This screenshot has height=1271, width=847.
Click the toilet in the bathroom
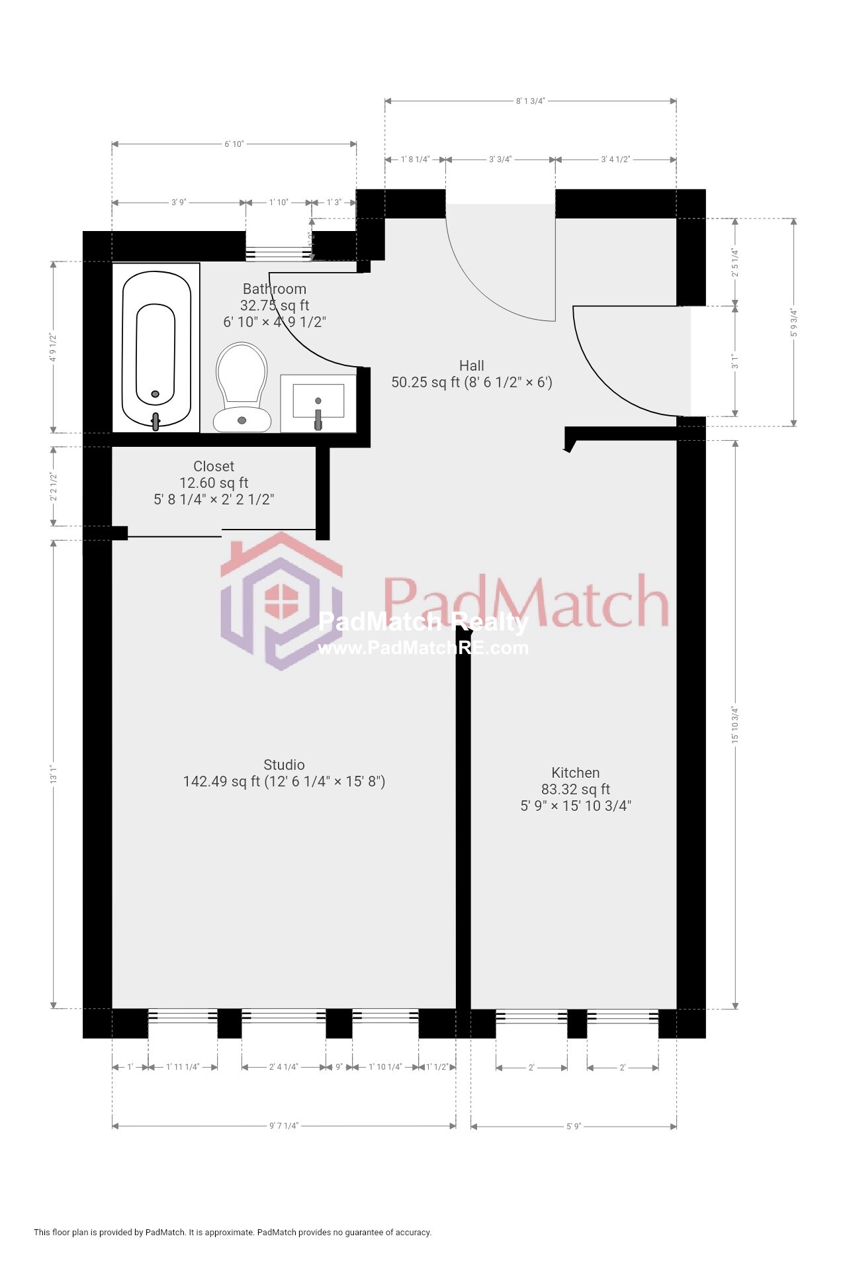pyautogui.click(x=242, y=387)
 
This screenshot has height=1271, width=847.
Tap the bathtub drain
pyautogui.click(x=155, y=394)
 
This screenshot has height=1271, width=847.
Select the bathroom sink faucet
pyautogui.click(x=318, y=418)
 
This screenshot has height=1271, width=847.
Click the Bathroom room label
pyautogui.click(x=275, y=289)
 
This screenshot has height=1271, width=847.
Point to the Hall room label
pyautogui.click(x=472, y=366)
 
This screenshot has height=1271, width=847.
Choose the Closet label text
pyautogui.click(x=214, y=467)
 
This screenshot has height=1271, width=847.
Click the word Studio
pyautogui.click(x=284, y=765)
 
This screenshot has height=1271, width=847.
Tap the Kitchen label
pyautogui.click(x=576, y=773)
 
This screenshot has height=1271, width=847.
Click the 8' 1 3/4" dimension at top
pyautogui.click(x=531, y=101)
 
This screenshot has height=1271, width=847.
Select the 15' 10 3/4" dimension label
pyautogui.click(x=735, y=725)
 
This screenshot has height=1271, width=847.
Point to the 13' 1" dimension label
pyautogui.click(x=54, y=775)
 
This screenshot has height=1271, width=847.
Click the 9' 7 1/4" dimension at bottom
pyautogui.click(x=284, y=1126)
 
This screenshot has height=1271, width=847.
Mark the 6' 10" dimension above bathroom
pyautogui.click(x=234, y=144)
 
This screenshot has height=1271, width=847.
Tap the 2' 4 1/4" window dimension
pyautogui.click(x=284, y=1067)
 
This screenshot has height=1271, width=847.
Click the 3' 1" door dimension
pyautogui.click(x=735, y=361)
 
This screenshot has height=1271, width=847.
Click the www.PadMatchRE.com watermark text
pyautogui.click(x=423, y=648)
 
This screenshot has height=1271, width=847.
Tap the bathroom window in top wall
pyautogui.click(x=279, y=254)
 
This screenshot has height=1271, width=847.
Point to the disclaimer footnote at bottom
pyautogui.click(x=233, y=1233)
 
